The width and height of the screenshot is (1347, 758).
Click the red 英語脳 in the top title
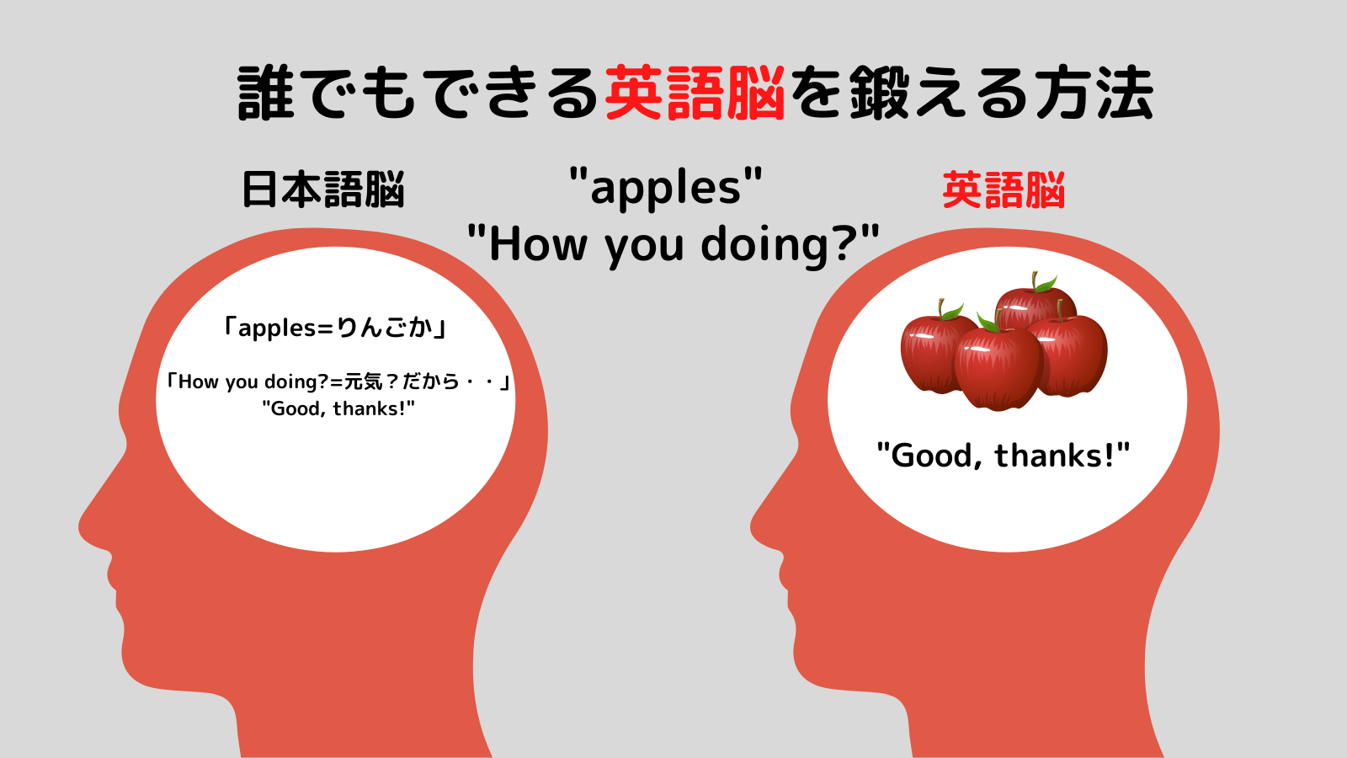click(x=695, y=93)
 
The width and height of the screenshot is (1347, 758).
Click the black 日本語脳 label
click(x=323, y=190)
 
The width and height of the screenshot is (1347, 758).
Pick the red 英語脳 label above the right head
click(x=1004, y=190)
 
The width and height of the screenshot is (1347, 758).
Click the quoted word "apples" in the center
click(x=665, y=187)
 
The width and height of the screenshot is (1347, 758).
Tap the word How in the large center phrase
click(x=539, y=245)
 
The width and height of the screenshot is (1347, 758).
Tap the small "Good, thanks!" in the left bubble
click(x=338, y=409)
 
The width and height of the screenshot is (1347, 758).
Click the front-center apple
click(x=998, y=369)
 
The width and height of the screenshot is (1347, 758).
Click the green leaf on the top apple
click(x=1046, y=284)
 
